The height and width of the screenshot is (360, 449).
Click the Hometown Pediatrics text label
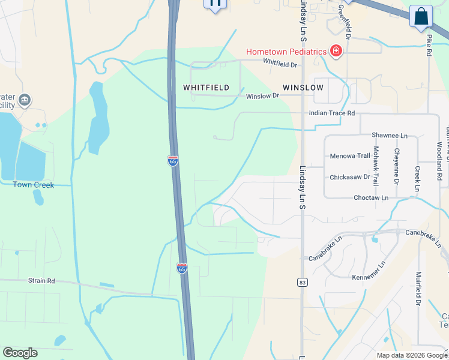point(286,52)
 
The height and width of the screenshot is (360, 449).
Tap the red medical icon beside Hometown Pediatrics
point(336,52)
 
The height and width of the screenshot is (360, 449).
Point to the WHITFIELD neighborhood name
point(206,88)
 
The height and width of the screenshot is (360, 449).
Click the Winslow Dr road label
point(263,95)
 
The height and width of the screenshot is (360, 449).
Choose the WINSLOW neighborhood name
point(303,88)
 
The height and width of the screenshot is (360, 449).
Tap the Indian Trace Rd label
point(332,113)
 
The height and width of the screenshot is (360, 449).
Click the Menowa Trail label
point(350,157)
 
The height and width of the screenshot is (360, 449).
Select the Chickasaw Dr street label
point(350,178)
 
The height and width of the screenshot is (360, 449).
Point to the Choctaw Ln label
point(371,197)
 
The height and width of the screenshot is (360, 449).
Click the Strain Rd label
point(41,280)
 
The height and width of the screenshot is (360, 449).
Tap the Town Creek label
point(34,185)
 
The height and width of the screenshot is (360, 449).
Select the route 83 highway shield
point(302,281)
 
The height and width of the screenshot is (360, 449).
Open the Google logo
point(20,353)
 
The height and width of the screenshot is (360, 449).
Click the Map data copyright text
point(411,355)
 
